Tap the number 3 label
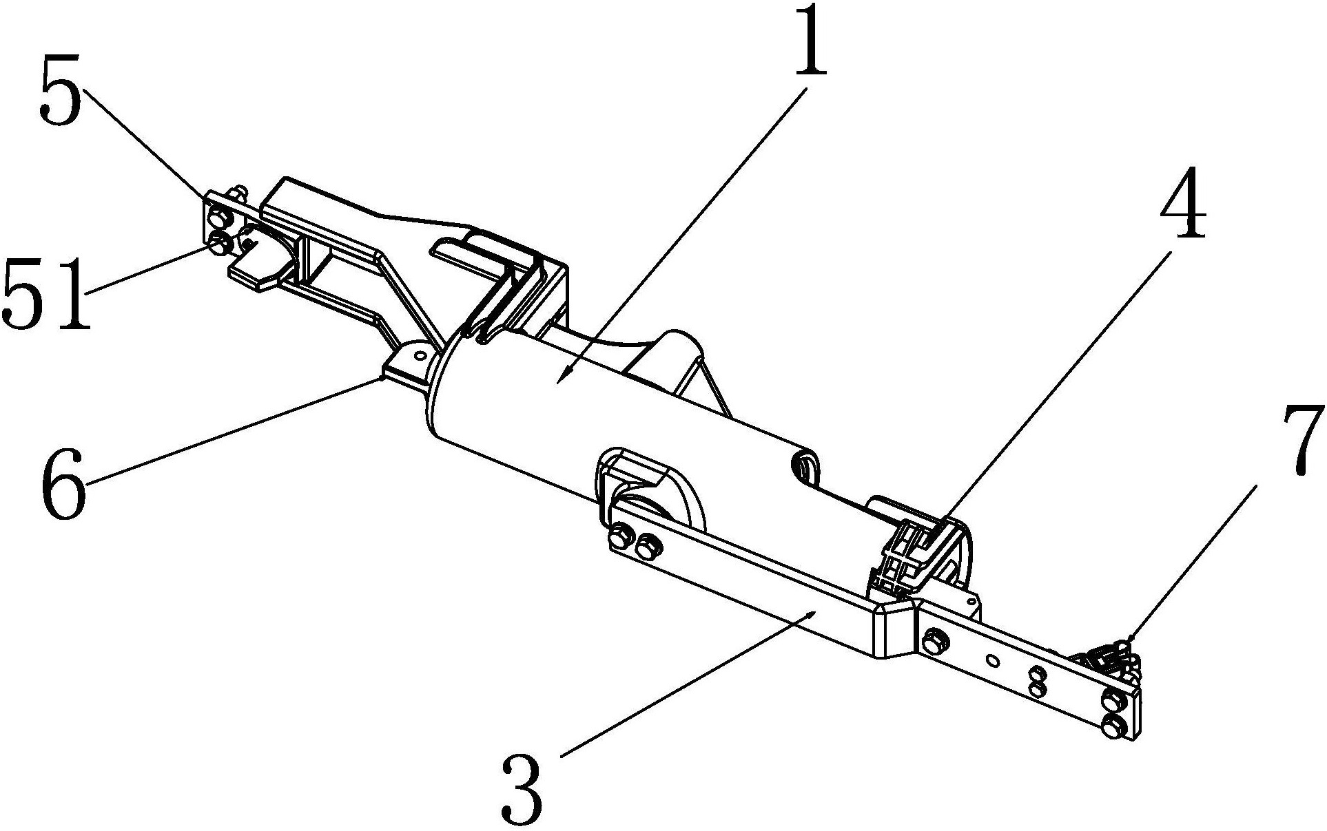click(522, 789)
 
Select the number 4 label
click(1183, 204)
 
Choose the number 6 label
click(63, 483)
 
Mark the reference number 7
click(1301, 439)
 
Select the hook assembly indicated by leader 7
click(1109, 655)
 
